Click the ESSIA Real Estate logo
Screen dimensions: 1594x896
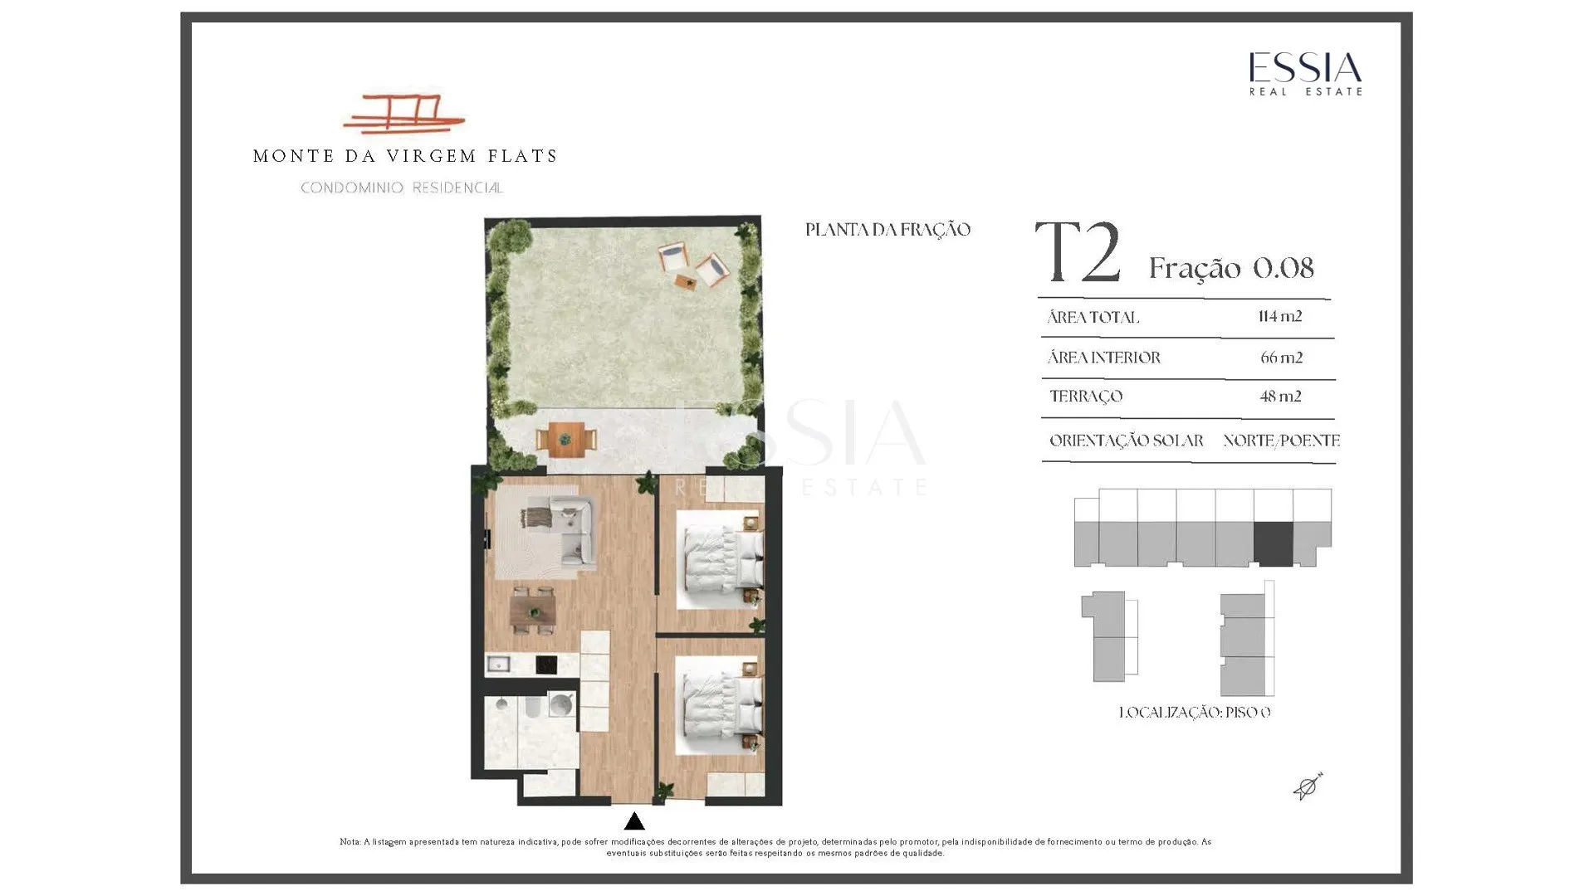pos(1306,74)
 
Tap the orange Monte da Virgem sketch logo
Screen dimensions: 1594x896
pos(403,114)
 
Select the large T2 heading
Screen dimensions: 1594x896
pos(1078,252)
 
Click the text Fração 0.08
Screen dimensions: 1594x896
pos(1231,268)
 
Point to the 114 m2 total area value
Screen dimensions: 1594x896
pos(1280,316)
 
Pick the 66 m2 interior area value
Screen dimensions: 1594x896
pos(1281,358)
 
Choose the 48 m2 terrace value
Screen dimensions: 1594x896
pos(1280,397)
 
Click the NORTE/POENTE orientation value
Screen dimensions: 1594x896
pos(1281,441)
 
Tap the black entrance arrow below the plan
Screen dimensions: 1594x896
pos(634,822)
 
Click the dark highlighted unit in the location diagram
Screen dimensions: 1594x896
pos(1274,544)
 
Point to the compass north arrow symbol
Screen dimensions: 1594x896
pos(1308,786)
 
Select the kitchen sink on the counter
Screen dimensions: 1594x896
pos(498,664)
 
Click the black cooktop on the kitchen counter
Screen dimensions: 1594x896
pos(546,665)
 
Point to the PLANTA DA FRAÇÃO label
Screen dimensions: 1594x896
pos(887,230)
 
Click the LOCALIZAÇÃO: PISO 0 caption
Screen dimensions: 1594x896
pos(1195,713)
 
